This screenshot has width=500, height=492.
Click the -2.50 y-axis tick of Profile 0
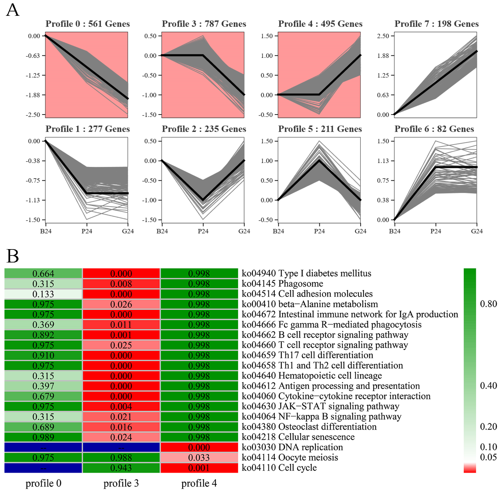pyautogui.click(x=33, y=115)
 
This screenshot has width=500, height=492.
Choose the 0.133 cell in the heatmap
pyautogui.click(x=43, y=294)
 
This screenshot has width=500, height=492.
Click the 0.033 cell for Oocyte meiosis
pyautogui.click(x=199, y=458)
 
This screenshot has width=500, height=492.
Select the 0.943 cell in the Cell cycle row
pyautogui.click(x=121, y=468)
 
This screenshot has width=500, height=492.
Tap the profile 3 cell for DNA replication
pyautogui.click(x=121, y=447)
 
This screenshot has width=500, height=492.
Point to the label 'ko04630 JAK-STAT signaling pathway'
pyautogui.click(x=320, y=406)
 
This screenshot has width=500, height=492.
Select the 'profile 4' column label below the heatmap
pyautogui.click(x=199, y=483)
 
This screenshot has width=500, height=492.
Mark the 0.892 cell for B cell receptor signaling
pyautogui.click(x=43, y=335)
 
